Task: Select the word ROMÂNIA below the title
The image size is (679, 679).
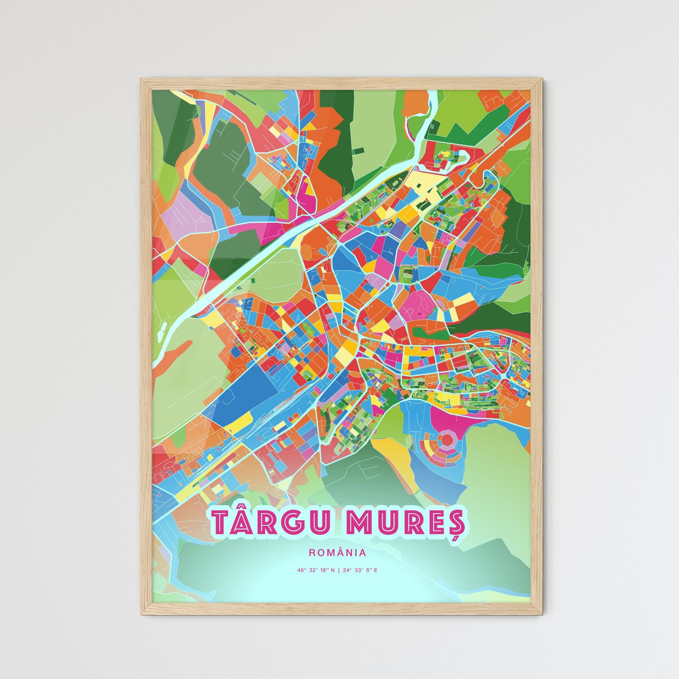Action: (337, 553)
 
